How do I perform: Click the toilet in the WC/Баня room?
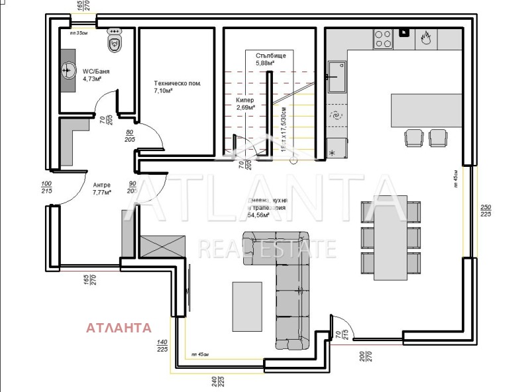tap(115, 42)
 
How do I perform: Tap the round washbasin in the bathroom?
tap(69, 69)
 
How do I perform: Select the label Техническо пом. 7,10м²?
tap(177, 87)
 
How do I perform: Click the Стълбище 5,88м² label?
tap(270, 59)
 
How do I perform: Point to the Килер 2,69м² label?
tap(245, 103)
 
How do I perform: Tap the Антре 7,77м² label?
tap(101, 188)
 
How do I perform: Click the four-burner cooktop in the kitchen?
tap(384, 38)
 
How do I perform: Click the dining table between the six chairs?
tap(390, 240)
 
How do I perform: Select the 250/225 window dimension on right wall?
tap(486, 210)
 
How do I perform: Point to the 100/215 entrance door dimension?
tap(46, 187)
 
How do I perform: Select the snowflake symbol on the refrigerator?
tap(333, 154)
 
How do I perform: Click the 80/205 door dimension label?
tap(130, 136)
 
